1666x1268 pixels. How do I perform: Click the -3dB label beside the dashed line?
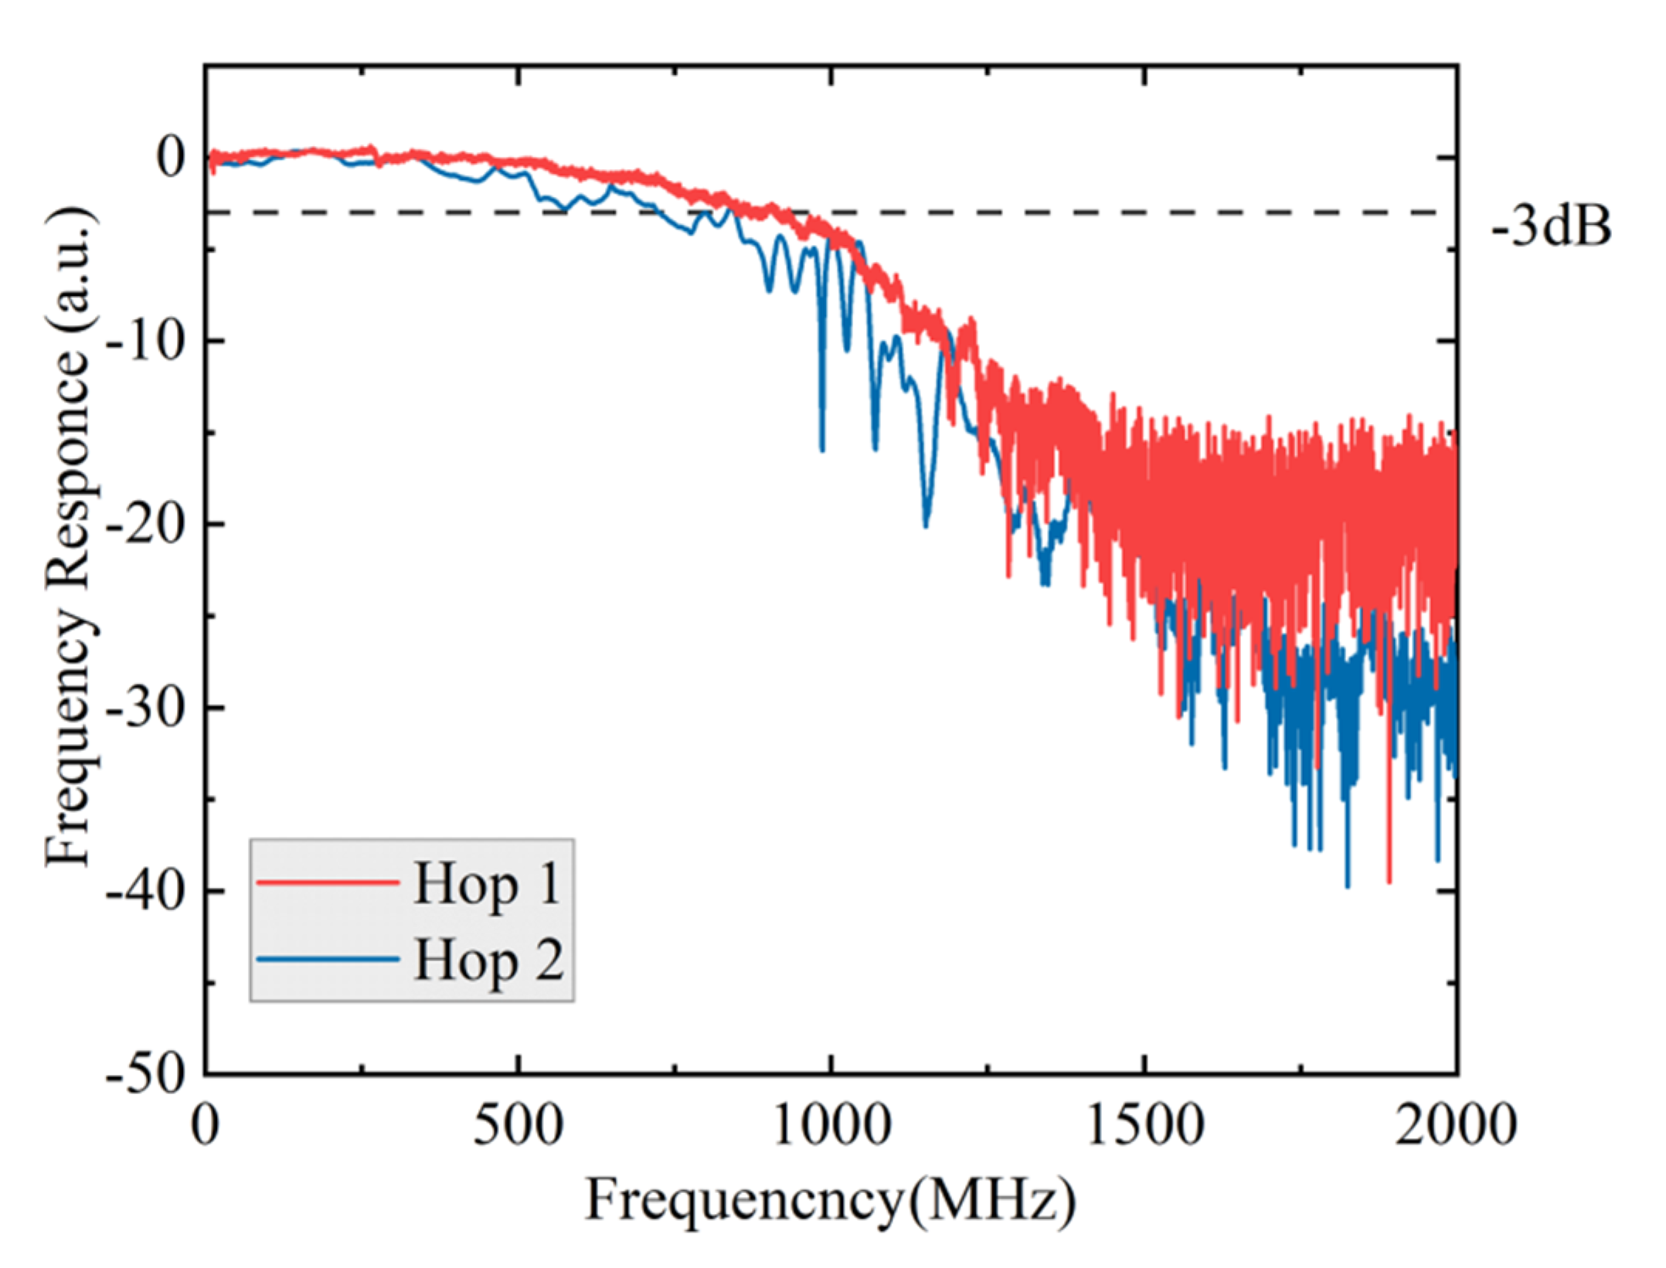coord(1551,228)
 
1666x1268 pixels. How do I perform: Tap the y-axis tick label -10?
coord(146,341)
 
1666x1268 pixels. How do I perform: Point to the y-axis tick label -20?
coord(146,525)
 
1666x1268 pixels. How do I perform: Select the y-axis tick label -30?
coord(146,708)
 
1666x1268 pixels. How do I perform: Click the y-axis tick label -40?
coord(146,892)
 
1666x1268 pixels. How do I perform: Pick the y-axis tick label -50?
coord(146,1075)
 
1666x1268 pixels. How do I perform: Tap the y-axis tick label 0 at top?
coord(172,158)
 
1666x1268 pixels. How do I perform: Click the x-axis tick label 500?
coord(518,1126)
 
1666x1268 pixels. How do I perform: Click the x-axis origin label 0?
coord(206,1126)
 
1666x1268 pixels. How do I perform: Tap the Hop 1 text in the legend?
coord(487,883)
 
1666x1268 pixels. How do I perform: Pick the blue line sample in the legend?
coord(328,959)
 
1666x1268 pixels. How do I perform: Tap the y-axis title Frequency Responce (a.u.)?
coord(71,537)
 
